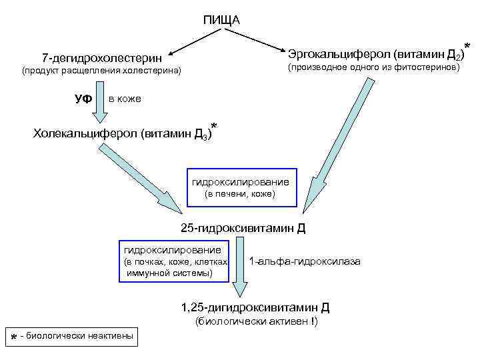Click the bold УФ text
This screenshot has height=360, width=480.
[x=83, y=99]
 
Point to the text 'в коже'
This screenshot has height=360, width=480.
[x=125, y=99]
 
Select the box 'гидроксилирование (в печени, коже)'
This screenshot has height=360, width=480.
[x=239, y=187]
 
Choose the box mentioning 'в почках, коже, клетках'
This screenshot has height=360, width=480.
[x=174, y=261]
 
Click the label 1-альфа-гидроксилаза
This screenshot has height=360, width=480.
[x=304, y=261]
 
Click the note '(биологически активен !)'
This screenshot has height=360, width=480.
[x=256, y=322]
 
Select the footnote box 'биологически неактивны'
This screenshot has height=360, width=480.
[x=72, y=336]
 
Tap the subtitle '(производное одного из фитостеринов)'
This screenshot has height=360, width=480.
[x=373, y=67]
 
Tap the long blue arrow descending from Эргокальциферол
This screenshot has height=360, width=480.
[x=333, y=147]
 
